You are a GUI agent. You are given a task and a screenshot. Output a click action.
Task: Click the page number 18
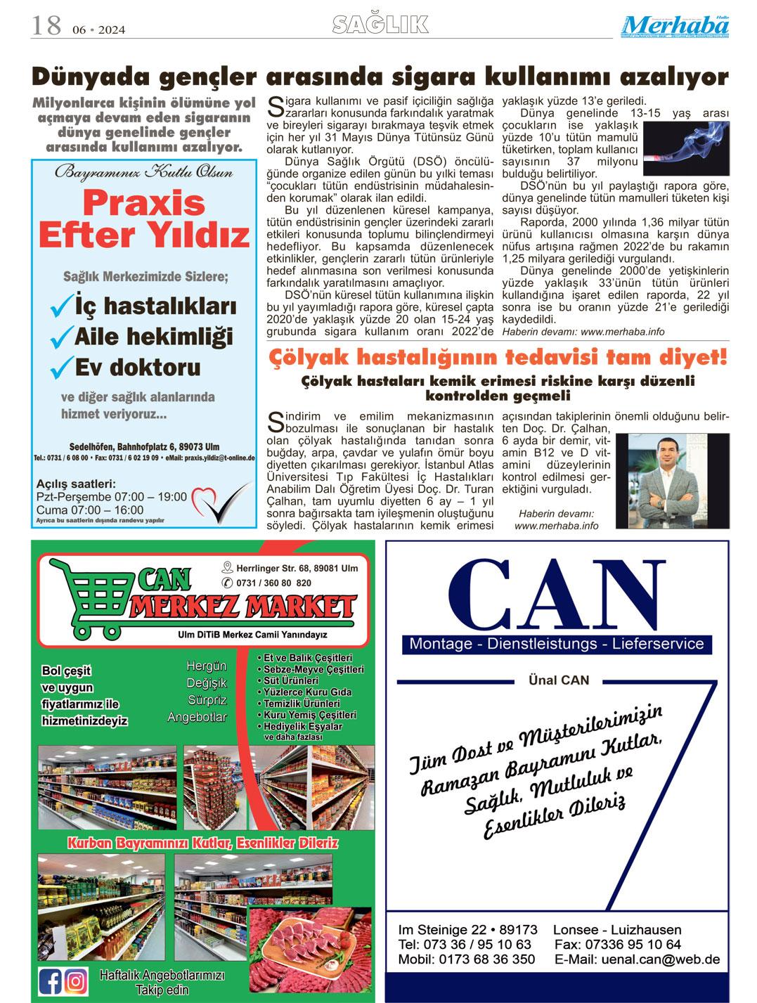(46, 26)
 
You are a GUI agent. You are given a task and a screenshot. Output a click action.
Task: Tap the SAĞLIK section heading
(380, 25)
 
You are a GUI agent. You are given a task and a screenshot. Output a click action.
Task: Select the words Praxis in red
(143, 204)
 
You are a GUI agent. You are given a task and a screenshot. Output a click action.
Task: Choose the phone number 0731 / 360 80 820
(274, 583)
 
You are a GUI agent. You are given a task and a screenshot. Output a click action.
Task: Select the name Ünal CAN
(558, 680)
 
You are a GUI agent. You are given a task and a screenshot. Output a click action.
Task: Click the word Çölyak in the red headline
(304, 358)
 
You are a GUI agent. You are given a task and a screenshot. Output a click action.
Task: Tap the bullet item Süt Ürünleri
(290, 680)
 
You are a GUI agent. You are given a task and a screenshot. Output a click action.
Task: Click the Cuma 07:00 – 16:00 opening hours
(90, 510)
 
